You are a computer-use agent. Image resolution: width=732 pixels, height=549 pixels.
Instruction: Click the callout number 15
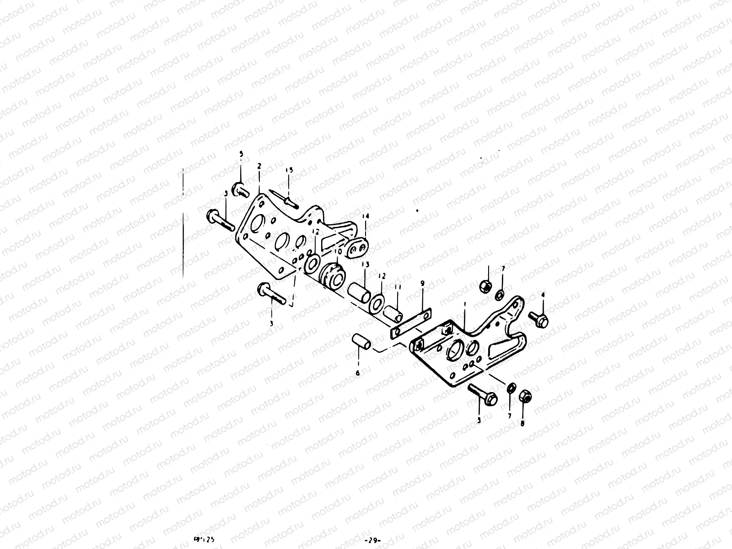click(289, 170)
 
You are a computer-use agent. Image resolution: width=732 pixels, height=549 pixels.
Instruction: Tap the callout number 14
click(365, 215)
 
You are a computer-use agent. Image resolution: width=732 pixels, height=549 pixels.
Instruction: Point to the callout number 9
click(422, 283)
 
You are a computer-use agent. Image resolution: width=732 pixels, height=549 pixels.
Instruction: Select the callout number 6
click(358, 373)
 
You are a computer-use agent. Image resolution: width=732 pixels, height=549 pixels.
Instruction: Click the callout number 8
click(522, 423)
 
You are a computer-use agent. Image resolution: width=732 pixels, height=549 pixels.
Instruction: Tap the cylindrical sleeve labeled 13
click(360, 293)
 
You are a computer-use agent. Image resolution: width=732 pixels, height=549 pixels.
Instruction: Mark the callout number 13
click(364, 265)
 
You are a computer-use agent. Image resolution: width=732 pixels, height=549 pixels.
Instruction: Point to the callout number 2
click(259, 167)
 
